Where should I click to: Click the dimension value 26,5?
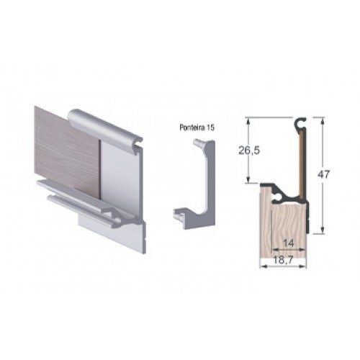pos(249,150)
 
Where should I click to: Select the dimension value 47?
pos(324,174)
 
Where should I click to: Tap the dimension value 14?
pos(289,243)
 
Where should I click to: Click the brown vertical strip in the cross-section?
pos(302,165)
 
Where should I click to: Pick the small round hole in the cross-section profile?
pos(277,197)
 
